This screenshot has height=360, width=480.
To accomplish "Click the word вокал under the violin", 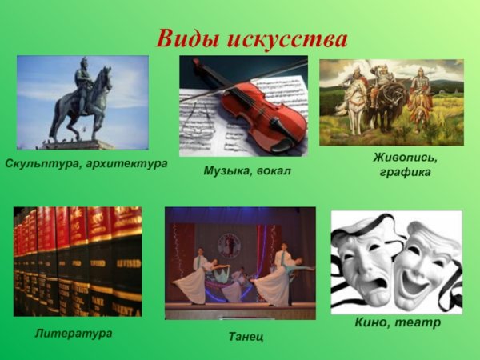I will pyautogui.click(x=274, y=170).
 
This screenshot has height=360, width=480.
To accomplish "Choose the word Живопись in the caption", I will pyautogui.click(x=404, y=157).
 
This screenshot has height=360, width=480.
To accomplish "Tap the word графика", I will pyautogui.click(x=404, y=172).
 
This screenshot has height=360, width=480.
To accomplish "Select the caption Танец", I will pyautogui.click(x=246, y=337).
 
